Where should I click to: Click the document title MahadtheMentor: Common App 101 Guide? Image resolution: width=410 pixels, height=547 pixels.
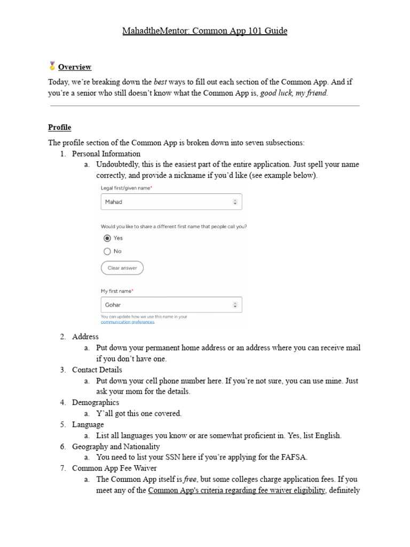[205, 31]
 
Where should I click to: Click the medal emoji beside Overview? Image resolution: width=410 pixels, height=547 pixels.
[52, 66]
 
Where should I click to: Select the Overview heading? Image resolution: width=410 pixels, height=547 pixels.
[75, 67]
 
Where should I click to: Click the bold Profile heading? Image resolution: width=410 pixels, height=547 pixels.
[59, 127]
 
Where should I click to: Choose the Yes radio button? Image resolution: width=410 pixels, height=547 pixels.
[107, 238]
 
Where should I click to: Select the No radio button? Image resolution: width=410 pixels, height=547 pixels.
[107, 251]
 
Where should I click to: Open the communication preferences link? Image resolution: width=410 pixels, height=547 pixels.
[128, 322]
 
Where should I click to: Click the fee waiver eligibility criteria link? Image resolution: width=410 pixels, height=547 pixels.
[236, 490]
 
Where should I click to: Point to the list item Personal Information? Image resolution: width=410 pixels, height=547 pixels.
[106, 154]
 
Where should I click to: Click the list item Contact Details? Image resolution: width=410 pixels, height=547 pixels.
[97, 370]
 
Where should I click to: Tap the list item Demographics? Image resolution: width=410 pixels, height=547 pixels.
[96, 402]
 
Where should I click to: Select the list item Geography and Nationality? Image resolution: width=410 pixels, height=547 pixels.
[116, 446]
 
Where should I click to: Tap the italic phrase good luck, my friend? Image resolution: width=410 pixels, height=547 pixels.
[294, 92]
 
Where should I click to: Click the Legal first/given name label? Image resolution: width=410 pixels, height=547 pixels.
[126, 188]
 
